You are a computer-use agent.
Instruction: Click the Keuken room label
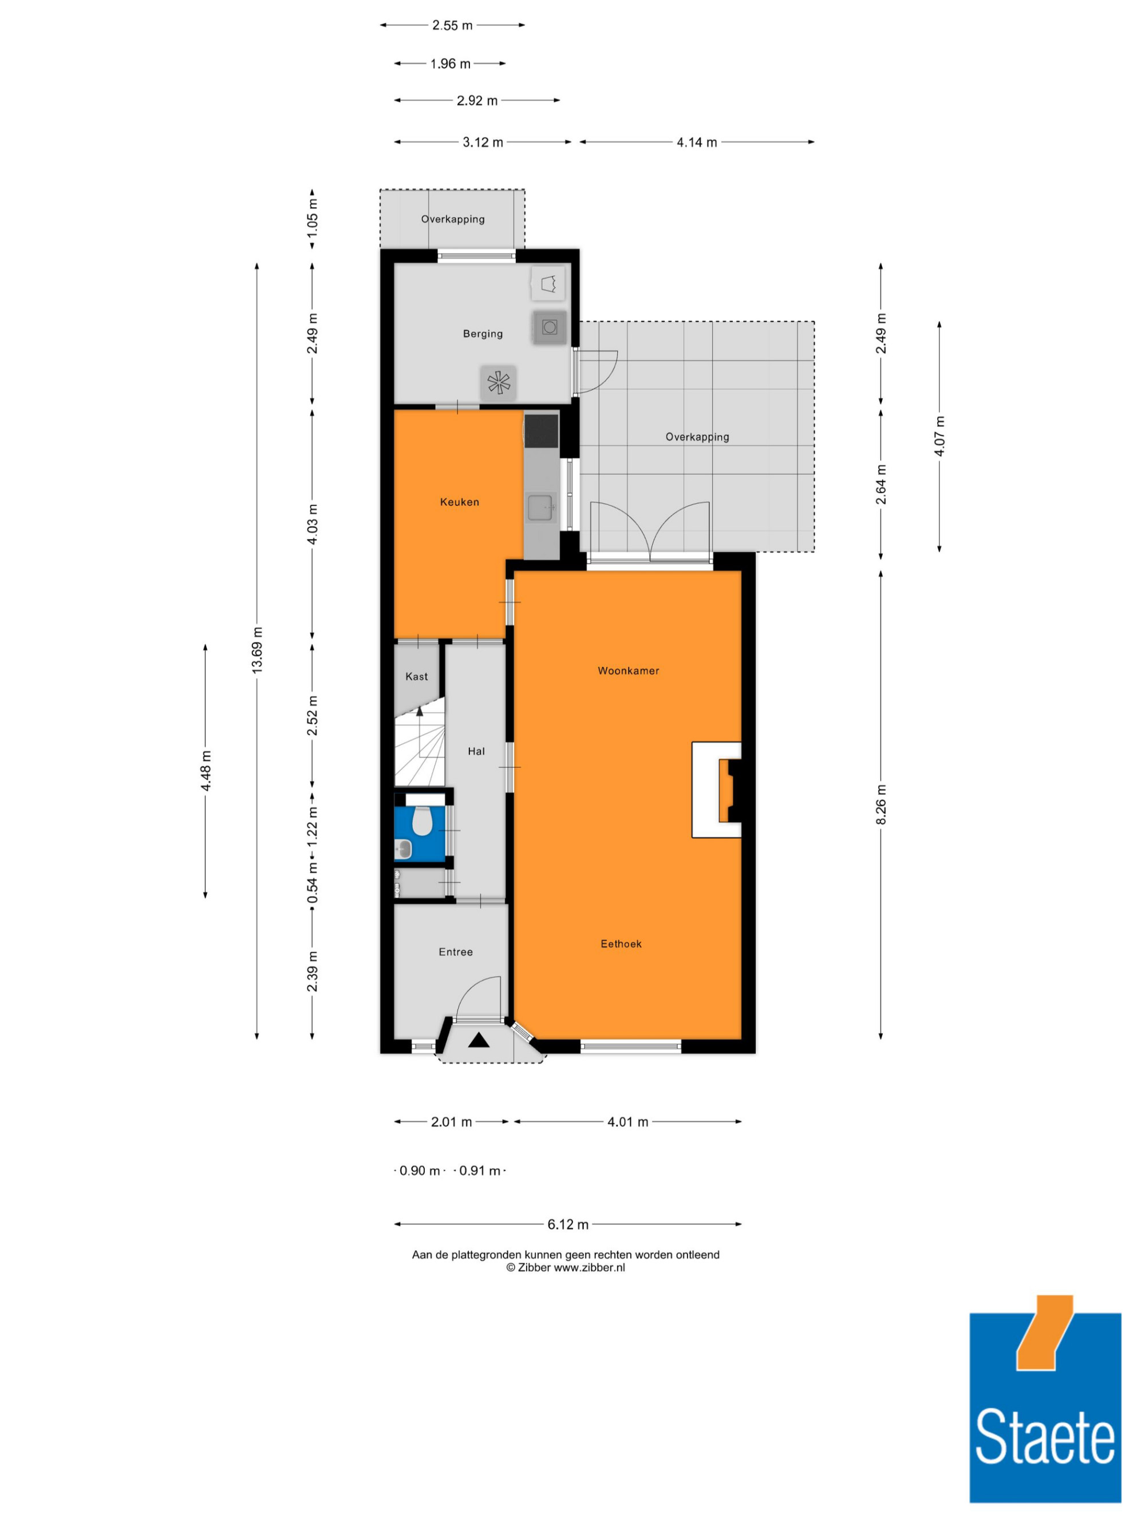pyautogui.click(x=459, y=502)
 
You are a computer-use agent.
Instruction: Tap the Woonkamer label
pyautogui.click(x=628, y=671)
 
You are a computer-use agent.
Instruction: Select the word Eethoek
pyautogui.click(x=621, y=944)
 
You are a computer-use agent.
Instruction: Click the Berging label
pyautogui.click(x=483, y=334)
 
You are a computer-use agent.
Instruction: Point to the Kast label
pyautogui.click(x=416, y=677)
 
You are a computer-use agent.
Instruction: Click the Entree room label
pyautogui.click(x=456, y=952)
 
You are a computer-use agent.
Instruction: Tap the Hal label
pyautogui.click(x=476, y=751)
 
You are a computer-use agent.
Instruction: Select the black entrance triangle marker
pyautogui.click(x=478, y=1040)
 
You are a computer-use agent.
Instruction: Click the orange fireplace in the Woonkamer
pyautogui.click(x=725, y=791)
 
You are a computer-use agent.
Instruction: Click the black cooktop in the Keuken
pyautogui.click(x=541, y=430)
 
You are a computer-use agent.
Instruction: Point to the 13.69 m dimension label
pyautogui.click(x=256, y=651)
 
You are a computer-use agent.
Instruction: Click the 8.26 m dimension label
pyautogui.click(x=881, y=804)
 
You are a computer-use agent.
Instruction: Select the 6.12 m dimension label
pyautogui.click(x=568, y=1224)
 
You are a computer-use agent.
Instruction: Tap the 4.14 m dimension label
pyautogui.click(x=696, y=142)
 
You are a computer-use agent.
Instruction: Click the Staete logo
pyautogui.click(x=1045, y=1408)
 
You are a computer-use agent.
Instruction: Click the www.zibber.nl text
pyautogui.click(x=590, y=1268)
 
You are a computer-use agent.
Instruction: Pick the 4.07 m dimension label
pyautogui.click(x=939, y=436)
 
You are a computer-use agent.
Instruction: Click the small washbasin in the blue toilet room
pyautogui.click(x=403, y=849)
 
